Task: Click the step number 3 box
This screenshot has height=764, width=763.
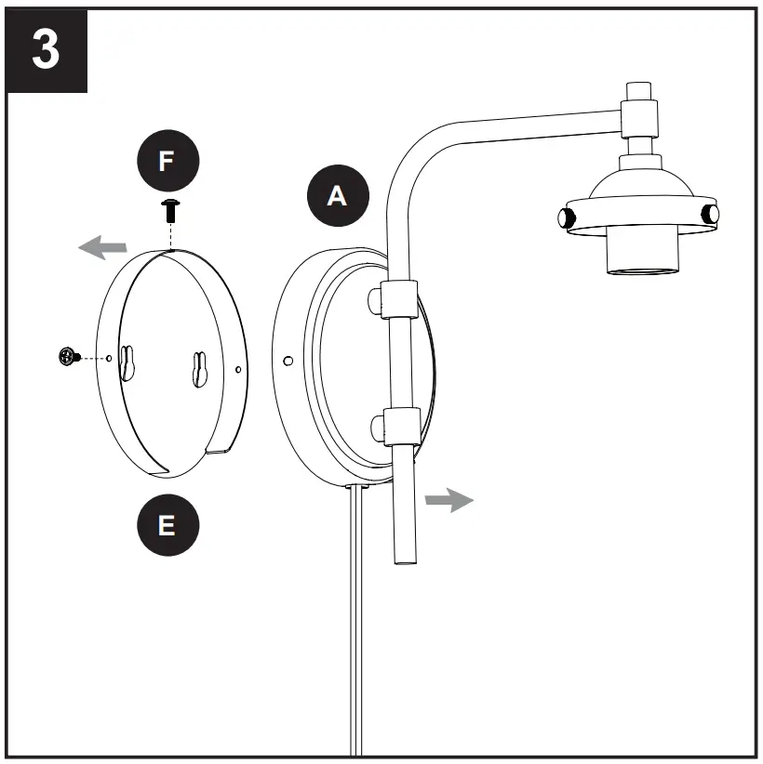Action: click(x=47, y=51)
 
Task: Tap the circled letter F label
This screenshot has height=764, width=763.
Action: click(x=166, y=161)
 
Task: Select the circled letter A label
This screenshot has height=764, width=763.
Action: click(x=338, y=195)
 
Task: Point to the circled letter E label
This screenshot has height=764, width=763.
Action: click(x=166, y=525)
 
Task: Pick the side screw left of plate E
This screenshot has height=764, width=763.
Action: click(x=67, y=355)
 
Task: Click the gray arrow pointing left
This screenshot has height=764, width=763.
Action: click(x=102, y=247)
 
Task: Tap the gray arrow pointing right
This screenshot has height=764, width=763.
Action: click(x=448, y=500)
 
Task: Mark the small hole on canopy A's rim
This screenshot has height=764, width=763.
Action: click(x=288, y=359)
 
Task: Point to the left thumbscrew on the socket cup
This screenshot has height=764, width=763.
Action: click(x=564, y=218)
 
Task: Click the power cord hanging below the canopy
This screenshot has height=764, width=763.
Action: click(x=355, y=632)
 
